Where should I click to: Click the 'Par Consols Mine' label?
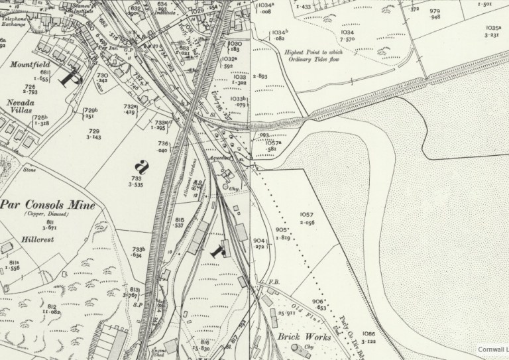click(x=48, y=205)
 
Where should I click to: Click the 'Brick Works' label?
click(x=300, y=335)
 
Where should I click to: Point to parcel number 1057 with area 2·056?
click(x=306, y=218)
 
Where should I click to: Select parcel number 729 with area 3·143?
click(x=94, y=135)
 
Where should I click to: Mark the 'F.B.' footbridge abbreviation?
click(x=272, y=283)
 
